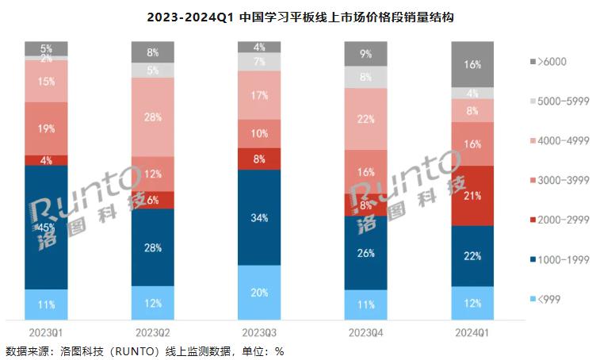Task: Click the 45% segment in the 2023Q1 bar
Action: pyautogui.click(x=46, y=228)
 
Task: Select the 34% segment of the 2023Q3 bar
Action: pyautogui.click(x=259, y=217)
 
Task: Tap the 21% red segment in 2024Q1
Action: pyautogui.click(x=472, y=196)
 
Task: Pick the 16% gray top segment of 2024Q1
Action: pyautogui.click(x=472, y=64)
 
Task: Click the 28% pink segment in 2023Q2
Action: pyautogui.click(x=153, y=117)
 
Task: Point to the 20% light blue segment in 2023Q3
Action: pyautogui.click(x=259, y=291)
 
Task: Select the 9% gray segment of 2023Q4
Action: pyautogui.click(x=365, y=54)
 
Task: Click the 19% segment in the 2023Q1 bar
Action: pyautogui.click(x=46, y=128)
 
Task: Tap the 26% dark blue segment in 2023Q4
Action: pyautogui.click(x=365, y=253)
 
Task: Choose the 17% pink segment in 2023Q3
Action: pyautogui.click(x=259, y=95)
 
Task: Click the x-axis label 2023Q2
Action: pyautogui.click(x=153, y=330)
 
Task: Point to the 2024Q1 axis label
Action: pyautogui.click(x=472, y=330)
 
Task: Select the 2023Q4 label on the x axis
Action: pyautogui.click(x=365, y=330)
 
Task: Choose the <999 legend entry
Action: pyautogui.click(x=554, y=299)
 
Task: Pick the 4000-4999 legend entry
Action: pyautogui.click(x=563, y=142)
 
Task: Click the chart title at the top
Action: pyautogui.click(x=307, y=16)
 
